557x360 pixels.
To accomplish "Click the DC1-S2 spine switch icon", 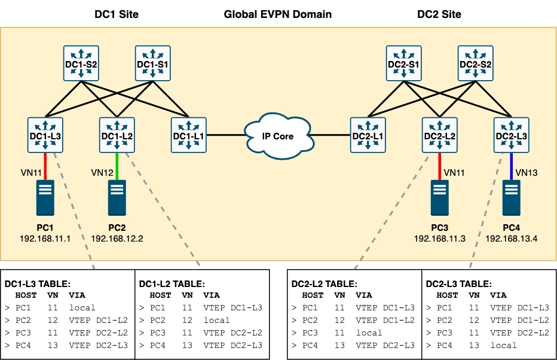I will [x=81, y=63].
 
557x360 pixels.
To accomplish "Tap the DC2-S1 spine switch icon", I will [x=404, y=63].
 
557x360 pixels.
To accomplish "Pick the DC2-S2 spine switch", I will [x=476, y=63].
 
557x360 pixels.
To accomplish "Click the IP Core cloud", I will [x=278, y=136].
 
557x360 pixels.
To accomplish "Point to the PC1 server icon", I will [x=45, y=197].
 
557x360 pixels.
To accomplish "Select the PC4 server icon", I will [x=512, y=197].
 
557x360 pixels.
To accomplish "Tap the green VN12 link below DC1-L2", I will [x=117, y=166].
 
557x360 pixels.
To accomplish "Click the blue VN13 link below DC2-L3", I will [x=512, y=166].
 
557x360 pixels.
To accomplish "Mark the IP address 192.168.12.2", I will [x=118, y=238].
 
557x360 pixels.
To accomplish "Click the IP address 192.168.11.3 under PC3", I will [x=440, y=238].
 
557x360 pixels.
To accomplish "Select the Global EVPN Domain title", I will [x=277, y=14].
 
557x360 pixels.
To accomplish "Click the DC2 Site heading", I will [x=440, y=14].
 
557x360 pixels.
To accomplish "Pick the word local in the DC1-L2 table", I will [x=216, y=320].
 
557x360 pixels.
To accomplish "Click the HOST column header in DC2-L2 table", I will [x=313, y=295].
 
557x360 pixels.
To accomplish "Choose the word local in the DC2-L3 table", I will [x=503, y=345].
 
